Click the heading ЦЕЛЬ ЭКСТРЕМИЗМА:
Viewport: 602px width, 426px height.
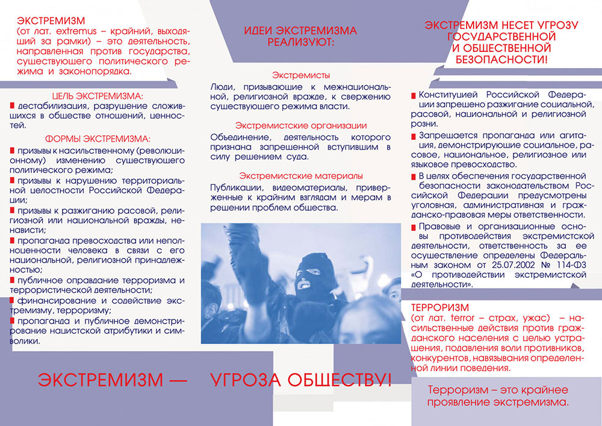[98, 96]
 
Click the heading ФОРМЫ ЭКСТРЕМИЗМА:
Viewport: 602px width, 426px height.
[98, 139]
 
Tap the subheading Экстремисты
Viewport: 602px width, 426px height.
[301, 75]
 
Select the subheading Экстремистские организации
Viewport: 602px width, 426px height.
[301, 125]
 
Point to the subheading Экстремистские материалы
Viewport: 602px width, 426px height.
[301, 176]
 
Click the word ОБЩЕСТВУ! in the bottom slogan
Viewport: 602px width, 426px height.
[330, 380]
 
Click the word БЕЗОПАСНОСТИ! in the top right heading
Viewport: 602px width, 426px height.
[501, 60]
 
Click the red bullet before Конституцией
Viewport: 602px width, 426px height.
[413, 96]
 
